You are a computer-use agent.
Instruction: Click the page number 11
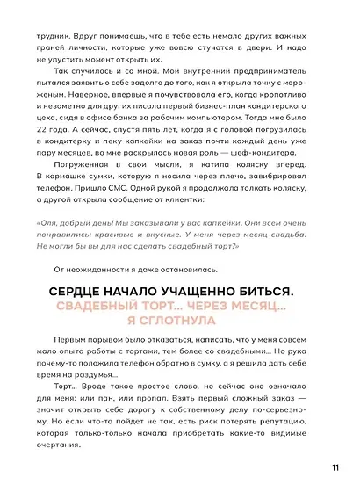point(336,466)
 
